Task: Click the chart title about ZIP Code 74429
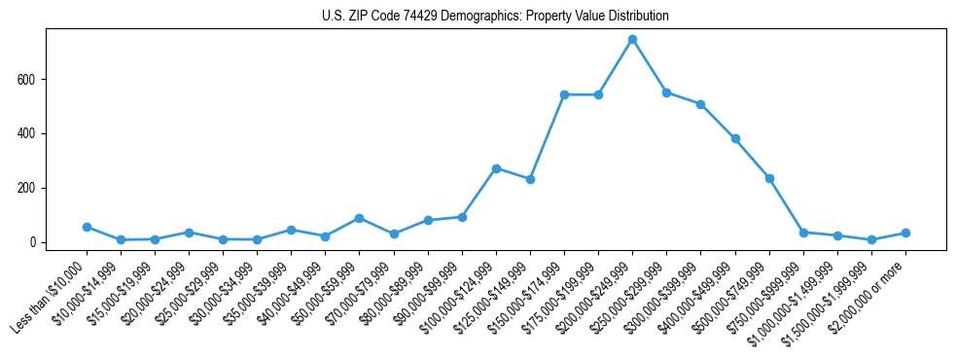point(495,17)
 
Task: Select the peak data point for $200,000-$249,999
point(632,40)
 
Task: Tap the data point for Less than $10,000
point(87,227)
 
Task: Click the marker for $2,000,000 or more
point(905,233)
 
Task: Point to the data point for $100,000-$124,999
point(496,168)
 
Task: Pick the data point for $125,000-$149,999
point(530,179)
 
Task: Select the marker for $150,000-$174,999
point(564,94)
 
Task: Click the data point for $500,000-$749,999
point(769,178)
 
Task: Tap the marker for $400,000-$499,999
point(735,138)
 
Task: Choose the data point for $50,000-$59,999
point(359,218)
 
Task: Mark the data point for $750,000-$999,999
point(803,233)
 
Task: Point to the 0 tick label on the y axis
point(33,242)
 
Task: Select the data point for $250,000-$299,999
point(666,92)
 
